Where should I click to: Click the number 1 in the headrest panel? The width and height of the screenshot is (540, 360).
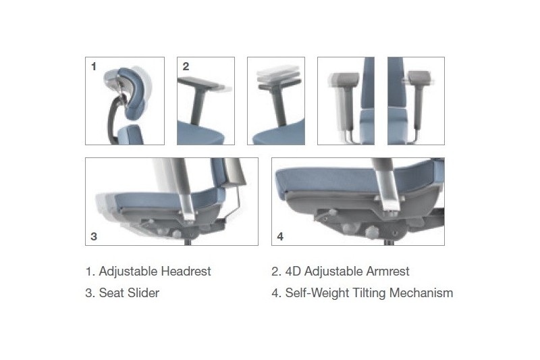[x=93, y=66]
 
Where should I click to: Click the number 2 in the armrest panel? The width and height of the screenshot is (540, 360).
[x=186, y=66]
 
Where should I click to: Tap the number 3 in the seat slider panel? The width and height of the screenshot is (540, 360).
[x=94, y=236]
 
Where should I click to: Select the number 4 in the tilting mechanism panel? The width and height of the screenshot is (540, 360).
[x=280, y=236]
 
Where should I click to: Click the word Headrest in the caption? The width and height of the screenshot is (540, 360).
[x=186, y=272]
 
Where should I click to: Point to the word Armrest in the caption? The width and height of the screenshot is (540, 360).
[x=387, y=272]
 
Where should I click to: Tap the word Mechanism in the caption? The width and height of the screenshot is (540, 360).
[x=421, y=293]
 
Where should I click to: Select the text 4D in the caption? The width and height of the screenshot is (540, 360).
[x=294, y=272]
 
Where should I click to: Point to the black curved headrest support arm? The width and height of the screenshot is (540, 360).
[x=112, y=119]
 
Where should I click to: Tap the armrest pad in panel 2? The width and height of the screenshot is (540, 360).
[x=200, y=84]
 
